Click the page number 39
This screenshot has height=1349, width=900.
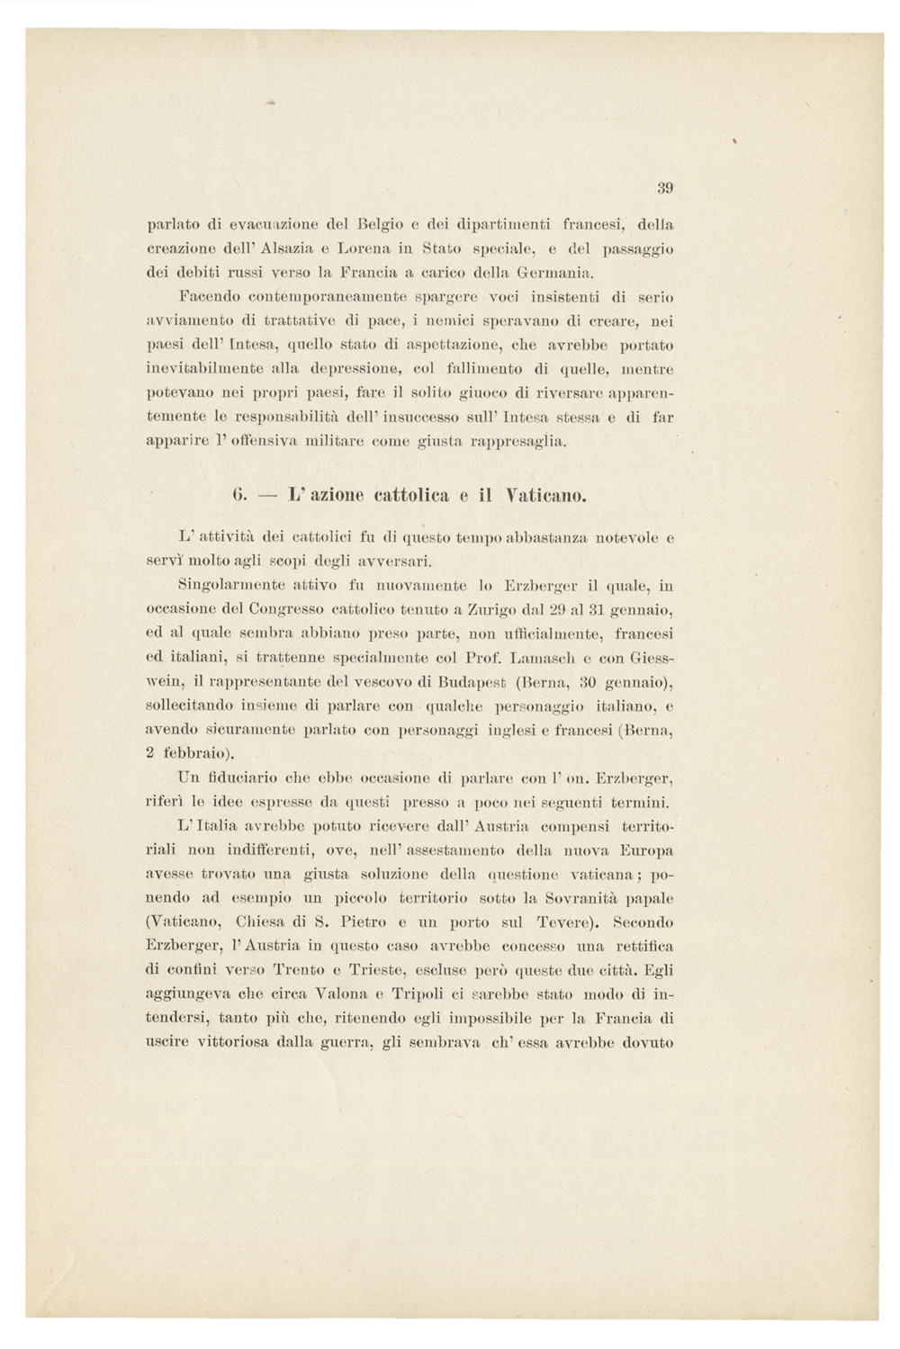665,188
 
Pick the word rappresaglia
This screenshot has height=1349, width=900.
523,442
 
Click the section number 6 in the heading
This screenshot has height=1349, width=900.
238,495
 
